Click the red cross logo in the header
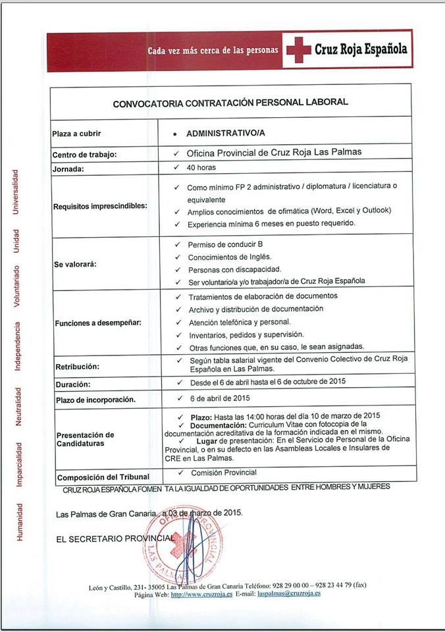(x=298, y=49)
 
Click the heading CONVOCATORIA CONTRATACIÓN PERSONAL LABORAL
(x=230, y=103)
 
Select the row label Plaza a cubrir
(x=76, y=134)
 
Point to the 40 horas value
(x=201, y=168)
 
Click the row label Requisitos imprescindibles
(x=100, y=206)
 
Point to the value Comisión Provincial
(x=223, y=473)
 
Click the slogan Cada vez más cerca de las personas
(x=213, y=50)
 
